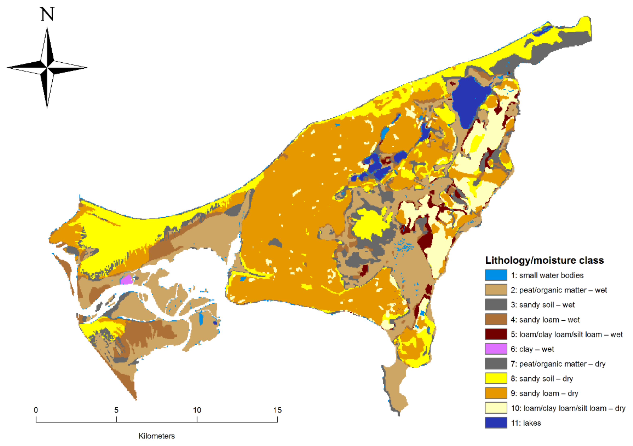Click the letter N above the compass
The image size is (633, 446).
(x=47, y=14)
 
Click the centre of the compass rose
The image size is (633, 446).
(x=47, y=67)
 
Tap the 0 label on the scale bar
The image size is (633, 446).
(x=36, y=410)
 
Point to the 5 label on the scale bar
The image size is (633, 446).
(x=116, y=410)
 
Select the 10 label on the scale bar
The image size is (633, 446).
(x=197, y=410)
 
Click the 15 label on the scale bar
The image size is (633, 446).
(x=277, y=410)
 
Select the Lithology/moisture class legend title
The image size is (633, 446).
(x=544, y=260)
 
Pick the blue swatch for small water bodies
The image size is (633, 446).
(x=496, y=275)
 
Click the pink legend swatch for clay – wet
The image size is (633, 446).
(x=496, y=349)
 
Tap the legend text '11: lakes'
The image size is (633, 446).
(x=526, y=423)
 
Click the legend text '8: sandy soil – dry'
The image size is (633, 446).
(x=541, y=379)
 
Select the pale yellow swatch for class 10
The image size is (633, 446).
(x=496, y=408)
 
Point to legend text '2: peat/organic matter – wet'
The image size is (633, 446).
(x=559, y=290)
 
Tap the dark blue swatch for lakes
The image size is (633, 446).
(x=496, y=423)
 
